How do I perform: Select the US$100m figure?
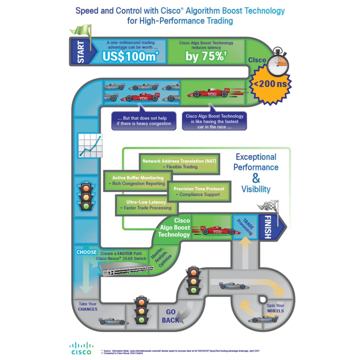[x=130, y=56]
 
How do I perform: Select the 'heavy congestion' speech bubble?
[x=144, y=121]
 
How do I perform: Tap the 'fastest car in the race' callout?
[x=214, y=121]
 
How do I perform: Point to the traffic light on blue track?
[x=86, y=196]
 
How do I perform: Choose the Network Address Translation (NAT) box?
[x=179, y=164]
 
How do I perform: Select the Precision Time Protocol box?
[x=199, y=191]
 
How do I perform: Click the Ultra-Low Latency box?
[x=146, y=205]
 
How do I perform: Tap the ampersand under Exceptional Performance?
[x=256, y=178]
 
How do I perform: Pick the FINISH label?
[x=267, y=227]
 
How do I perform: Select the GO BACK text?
[x=170, y=316]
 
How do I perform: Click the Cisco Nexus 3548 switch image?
[x=126, y=269]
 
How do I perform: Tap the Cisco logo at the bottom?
[x=81, y=348]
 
